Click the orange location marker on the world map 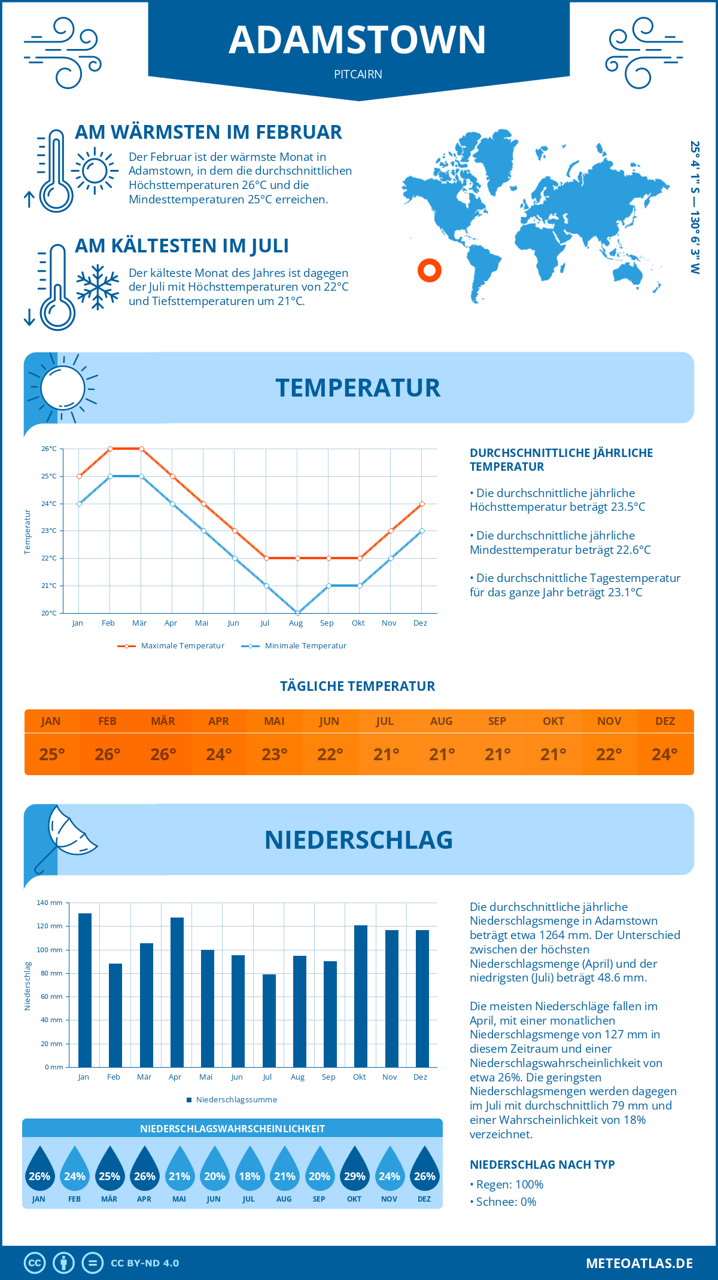430,270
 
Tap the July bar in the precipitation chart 269,1020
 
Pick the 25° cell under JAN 52,754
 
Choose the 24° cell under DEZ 665,754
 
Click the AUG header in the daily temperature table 442,721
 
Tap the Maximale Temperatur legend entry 171,646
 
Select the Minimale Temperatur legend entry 294,646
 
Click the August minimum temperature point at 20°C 297,613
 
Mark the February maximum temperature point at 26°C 110,449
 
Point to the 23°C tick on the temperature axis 49,531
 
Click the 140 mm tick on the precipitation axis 50,903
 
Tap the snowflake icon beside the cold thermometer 98,287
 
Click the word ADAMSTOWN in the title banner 358,40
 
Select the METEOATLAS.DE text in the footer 639,1263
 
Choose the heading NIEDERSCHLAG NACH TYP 542,1165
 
